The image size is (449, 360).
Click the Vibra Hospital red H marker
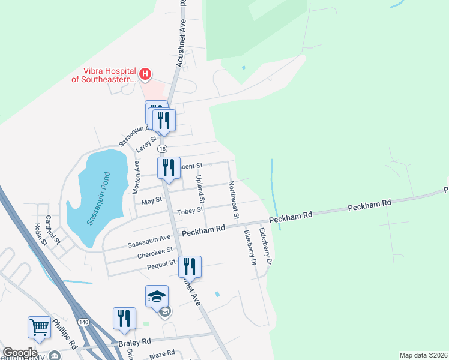[145, 75]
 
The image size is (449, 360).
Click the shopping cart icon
[39, 328]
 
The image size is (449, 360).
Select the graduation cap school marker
[157, 296]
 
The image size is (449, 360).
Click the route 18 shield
[162, 148]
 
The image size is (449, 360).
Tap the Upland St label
[201, 189]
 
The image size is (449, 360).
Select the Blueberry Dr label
[248, 247]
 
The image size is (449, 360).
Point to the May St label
[151, 201]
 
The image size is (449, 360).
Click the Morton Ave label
[136, 177]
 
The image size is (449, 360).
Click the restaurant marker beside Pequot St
[190, 267]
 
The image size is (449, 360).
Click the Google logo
[20, 353]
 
